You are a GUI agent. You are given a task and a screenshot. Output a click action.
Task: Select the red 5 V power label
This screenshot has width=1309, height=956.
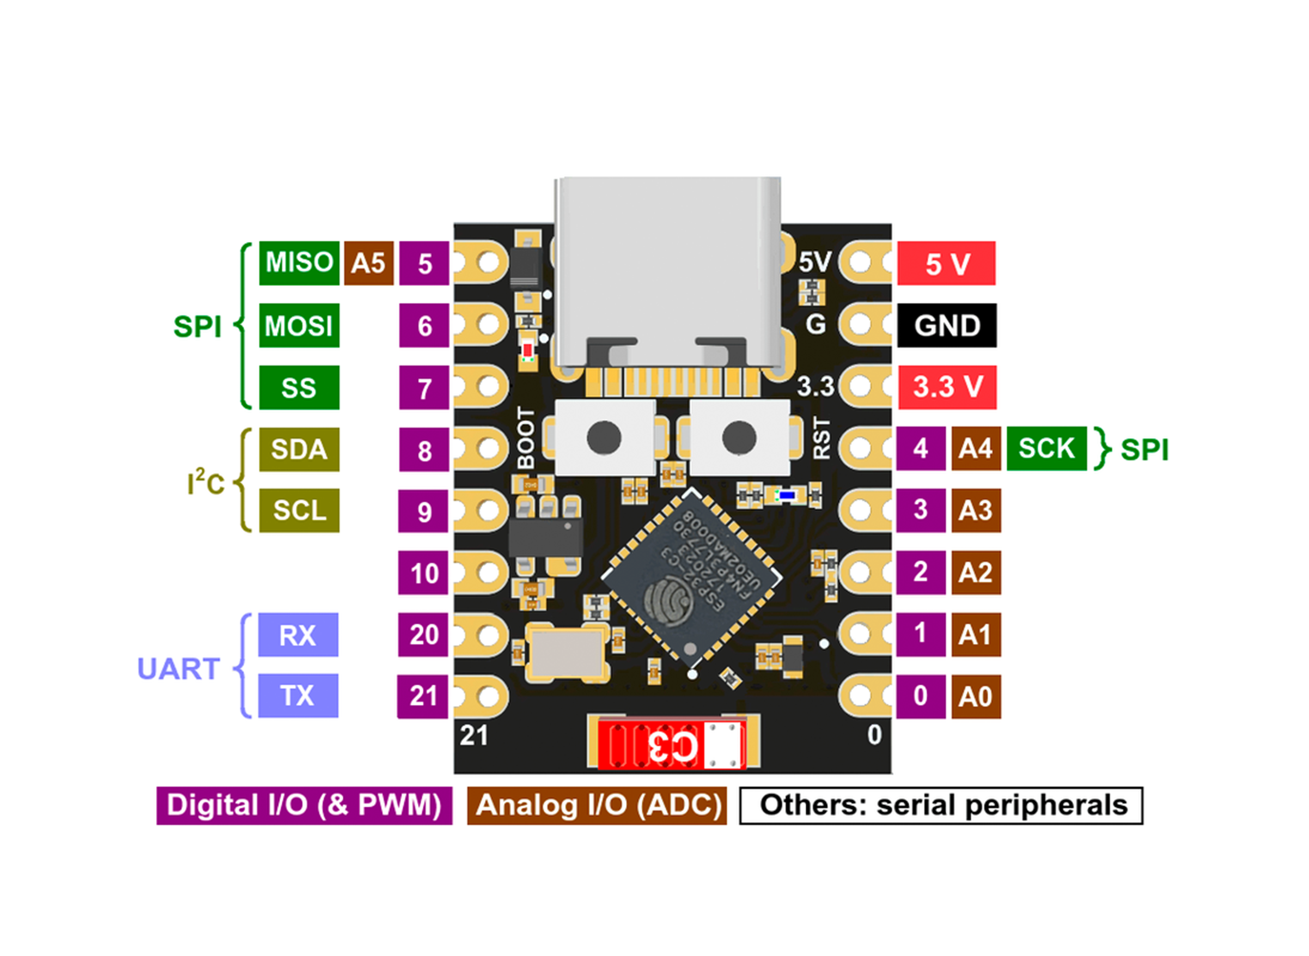click(x=946, y=263)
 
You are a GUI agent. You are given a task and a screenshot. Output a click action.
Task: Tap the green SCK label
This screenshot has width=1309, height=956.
click(x=1046, y=449)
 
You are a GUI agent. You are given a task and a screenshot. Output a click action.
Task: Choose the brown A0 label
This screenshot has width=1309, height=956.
click(x=976, y=696)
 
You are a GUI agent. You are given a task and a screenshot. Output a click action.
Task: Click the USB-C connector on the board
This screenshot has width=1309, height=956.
click(x=668, y=272)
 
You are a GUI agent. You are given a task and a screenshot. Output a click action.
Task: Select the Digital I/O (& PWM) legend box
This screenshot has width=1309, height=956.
click(x=304, y=805)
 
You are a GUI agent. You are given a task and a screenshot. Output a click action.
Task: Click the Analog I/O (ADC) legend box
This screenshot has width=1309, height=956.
click(x=597, y=805)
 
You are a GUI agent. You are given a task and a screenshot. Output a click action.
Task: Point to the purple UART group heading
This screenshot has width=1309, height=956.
click(x=178, y=669)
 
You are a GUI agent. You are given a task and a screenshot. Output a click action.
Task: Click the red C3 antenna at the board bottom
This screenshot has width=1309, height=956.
click(x=671, y=745)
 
